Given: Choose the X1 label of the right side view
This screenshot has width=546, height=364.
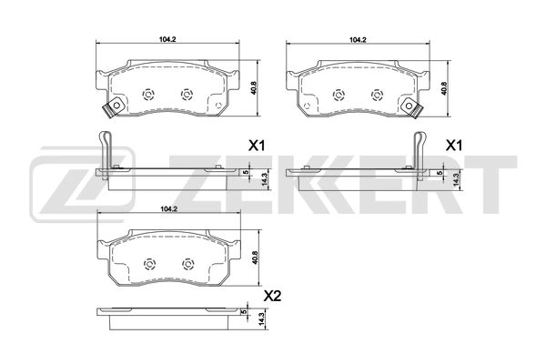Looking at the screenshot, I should (453, 146).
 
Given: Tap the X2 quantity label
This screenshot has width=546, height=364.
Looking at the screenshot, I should (270, 296).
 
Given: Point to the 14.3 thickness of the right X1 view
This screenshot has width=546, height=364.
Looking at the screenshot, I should (455, 178).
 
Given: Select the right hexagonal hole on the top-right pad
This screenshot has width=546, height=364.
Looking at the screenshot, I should (377, 94).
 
